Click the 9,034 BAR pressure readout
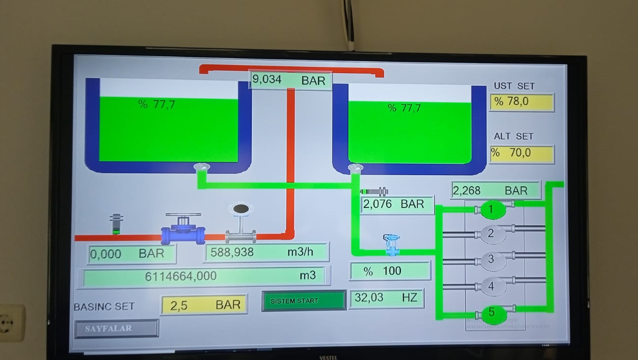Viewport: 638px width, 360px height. [x=290, y=80]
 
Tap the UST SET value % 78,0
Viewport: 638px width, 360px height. [x=521, y=102]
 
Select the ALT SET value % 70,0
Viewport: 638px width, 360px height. [x=521, y=154]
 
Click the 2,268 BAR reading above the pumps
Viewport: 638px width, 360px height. [x=495, y=190]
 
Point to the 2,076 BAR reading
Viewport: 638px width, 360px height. [x=397, y=205]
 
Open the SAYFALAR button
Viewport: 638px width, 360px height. [x=116, y=328]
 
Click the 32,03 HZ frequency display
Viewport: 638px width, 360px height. [x=386, y=298]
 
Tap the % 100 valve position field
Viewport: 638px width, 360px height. [x=390, y=271]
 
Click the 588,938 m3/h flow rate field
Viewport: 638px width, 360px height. [x=266, y=253]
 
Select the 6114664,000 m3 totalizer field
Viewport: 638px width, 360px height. [x=204, y=276]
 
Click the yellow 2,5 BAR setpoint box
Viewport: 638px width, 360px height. [x=204, y=305]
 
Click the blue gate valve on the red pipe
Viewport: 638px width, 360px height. [x=183, y=229]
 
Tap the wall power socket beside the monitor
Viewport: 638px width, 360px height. [x=11, y=322]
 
